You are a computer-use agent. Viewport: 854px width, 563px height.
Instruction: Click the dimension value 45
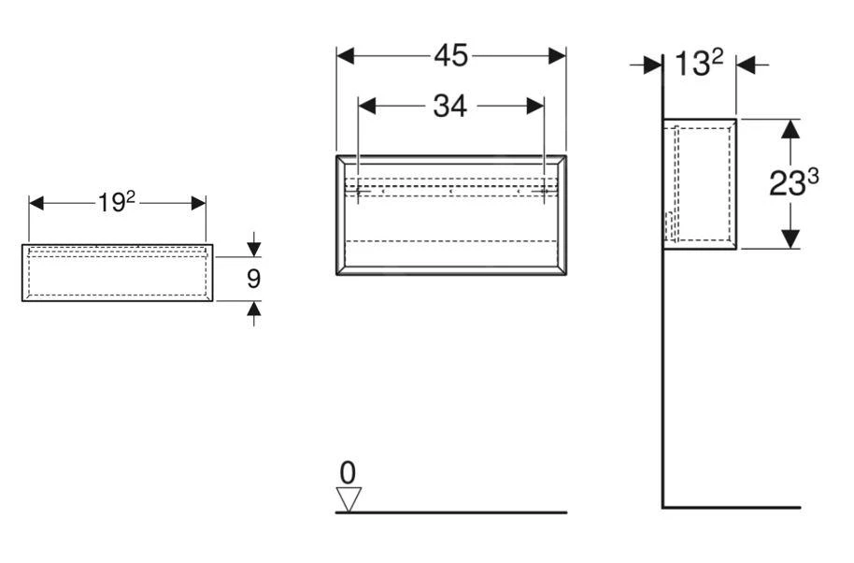coord(451,56)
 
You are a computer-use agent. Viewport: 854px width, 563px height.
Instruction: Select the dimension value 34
coord(449,107)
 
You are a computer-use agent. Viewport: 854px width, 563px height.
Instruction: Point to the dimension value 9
coord(253,280)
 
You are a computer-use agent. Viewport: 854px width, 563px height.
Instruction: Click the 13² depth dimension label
coord(700,65)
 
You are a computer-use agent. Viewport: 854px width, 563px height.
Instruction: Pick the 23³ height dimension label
coord(793,183)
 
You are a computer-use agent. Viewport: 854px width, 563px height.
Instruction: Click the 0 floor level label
coord(349,472)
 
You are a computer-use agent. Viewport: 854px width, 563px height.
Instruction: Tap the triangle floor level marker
coord(349,498)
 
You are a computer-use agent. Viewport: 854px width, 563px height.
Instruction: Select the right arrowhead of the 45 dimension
coord(557,56)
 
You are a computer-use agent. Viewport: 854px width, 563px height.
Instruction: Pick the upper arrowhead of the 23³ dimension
coord(790,129)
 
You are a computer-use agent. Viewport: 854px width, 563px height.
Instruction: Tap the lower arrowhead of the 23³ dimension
coord(790,239)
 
